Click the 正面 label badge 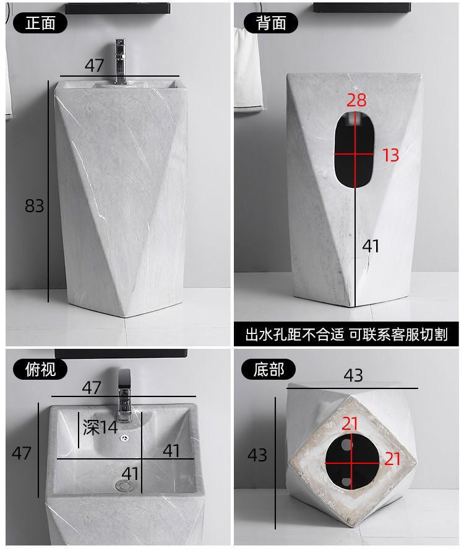coord(40,24)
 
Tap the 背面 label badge coord(271,23)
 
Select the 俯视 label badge coord(40,369)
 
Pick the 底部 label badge coord(269,369)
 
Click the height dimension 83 coord(35,206)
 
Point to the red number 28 coord(356,100)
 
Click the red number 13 coord(390,155)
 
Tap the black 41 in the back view coord(371,246)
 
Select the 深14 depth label coord(100,427)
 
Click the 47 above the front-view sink coord(95,66)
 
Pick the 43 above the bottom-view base coord(353,375)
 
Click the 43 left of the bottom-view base coord(257,455)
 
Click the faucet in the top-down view coord(124,395)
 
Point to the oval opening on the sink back coord(354,150)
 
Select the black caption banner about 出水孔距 coord(346,334)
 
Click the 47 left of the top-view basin coord(21,453)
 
